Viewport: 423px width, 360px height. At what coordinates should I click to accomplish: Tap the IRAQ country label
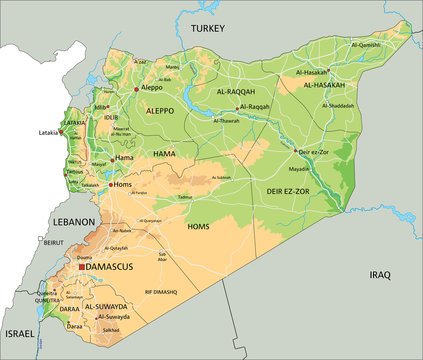[379, 274]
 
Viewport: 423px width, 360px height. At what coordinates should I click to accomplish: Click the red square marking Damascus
[81, 268]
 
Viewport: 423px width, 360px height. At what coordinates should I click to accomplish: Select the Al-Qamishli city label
[365, 45]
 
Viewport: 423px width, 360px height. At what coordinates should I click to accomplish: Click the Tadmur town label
[185, 198]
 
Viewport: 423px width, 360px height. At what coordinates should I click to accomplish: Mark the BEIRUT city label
[53, 242]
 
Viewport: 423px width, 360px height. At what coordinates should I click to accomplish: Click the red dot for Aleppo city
[136, 89]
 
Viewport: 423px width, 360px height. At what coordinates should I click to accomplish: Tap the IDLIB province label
[111, 117]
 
